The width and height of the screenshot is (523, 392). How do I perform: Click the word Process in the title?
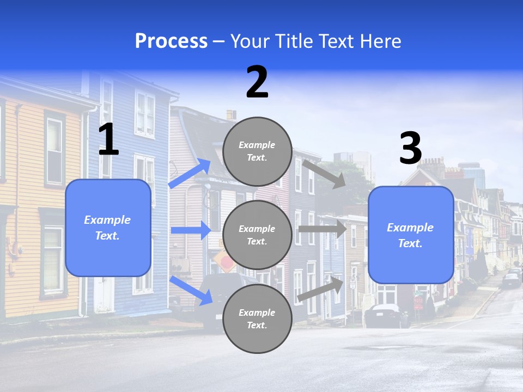(x=171, y=41)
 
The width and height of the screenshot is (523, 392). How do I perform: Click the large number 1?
(x=108, y=139)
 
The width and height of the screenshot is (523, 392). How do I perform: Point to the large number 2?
(x=257, y=82)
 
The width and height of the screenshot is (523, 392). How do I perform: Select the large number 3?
(x=410, y=148)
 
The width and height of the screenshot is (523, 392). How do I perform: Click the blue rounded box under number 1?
(x=108, y=228)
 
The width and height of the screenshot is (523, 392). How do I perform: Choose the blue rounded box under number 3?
(x=411, y=235)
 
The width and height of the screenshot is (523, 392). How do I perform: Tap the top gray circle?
(x=257, y=151)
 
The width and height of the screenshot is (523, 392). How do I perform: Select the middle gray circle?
(x=257, y=235)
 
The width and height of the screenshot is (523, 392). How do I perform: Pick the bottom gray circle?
(x=257, y=318)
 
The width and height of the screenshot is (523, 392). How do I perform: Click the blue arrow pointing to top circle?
(x=190, y=174)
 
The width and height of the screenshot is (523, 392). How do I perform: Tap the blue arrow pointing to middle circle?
(x=190, y=230)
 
